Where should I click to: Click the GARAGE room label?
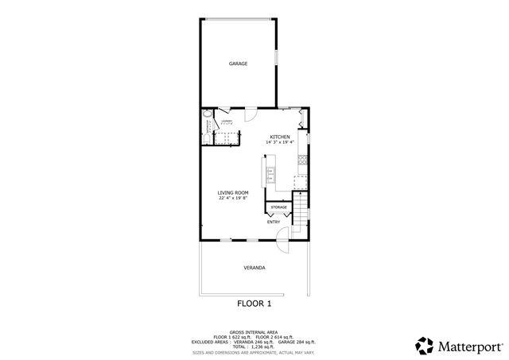point(238,64)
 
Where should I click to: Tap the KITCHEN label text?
point(280,137)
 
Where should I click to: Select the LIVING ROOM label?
point(234,192)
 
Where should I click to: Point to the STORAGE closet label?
point(278,207)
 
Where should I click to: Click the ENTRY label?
point(273,222)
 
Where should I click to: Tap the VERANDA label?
point(254,268)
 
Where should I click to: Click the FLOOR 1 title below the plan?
point(254,304)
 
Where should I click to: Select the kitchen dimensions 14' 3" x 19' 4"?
point(280,142)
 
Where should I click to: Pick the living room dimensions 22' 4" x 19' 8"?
point(234,198)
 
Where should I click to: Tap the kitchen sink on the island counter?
point(270,172)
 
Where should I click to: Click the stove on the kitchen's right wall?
point(302,161)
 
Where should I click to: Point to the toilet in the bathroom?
point(206,140)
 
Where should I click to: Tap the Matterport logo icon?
point(424,345)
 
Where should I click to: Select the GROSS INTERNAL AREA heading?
point(254,332)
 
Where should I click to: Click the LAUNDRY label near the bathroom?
point(226,121)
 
